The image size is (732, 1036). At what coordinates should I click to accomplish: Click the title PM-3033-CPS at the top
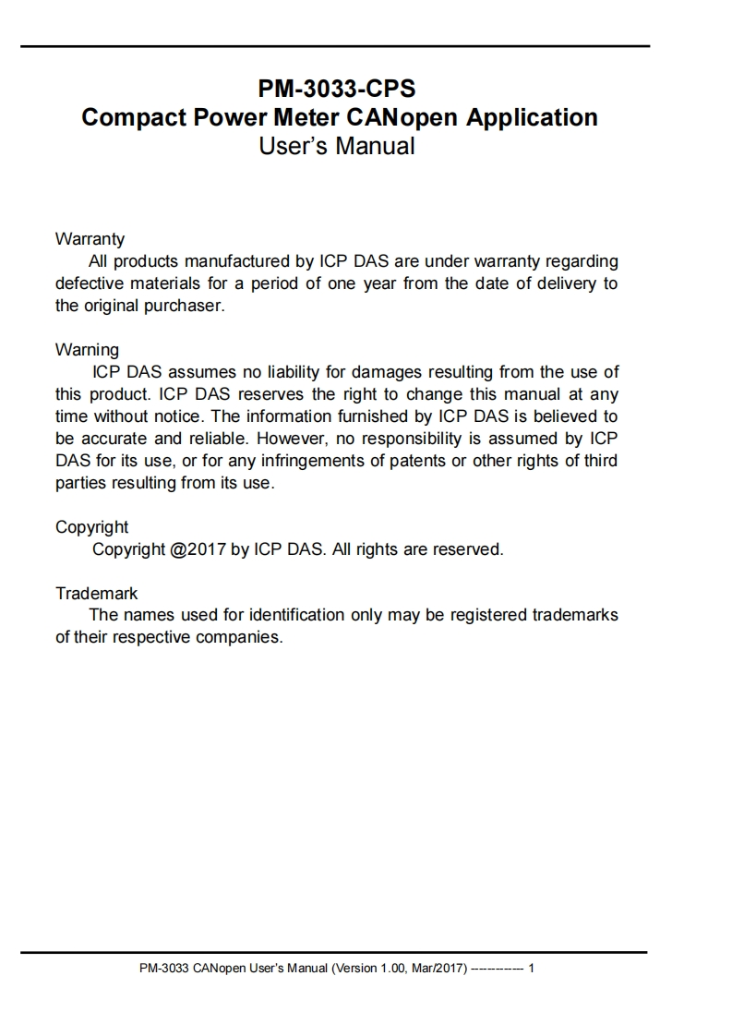(337, 90)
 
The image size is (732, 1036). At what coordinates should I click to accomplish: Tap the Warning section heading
(87, 350)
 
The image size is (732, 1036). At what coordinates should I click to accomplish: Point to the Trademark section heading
(96, 593)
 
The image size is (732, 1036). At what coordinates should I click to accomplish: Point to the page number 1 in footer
(532, 970)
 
